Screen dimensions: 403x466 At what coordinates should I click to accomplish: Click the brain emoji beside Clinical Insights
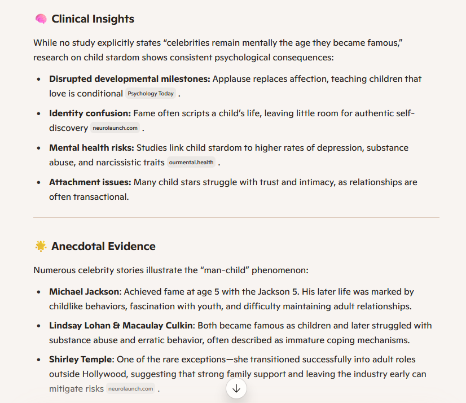pyautogui.click(x=41, y=19)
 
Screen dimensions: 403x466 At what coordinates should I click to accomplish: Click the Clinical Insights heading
pyautogui.click(x=93, y=19)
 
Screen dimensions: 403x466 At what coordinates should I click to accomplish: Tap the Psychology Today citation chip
pyautogui.click(x=151, y=94)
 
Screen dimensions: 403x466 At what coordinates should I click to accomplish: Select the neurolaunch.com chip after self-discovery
pyautogui.click(x=115, y=128)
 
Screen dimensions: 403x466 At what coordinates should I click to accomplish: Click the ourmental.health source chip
pyautogui.click(x=191, y=163)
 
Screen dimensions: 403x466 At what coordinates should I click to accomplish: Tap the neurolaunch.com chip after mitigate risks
pyautogui.click(x=130, y=389)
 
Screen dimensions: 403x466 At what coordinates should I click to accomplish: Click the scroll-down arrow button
pyautogui.click(x=236, y=388)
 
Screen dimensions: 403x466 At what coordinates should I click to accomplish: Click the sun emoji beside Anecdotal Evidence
pyautogui.click(x=41, y=246)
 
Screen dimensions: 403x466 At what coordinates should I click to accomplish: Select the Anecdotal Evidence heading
pyautogui.click(x=103, y=247)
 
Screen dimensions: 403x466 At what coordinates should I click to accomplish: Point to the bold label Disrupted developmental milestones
pyautogui.click(x=129, y=79)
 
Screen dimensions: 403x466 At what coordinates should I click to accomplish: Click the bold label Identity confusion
pyautogui.click(x=90, y=113)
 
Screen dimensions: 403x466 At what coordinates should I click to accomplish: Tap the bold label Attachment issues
pyautogui.click(x=90, y=182)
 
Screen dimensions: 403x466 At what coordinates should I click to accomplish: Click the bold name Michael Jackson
pyautogui.click(x=84, y=292)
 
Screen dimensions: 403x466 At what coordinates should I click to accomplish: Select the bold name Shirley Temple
pyautogui.click(x=81, y=360)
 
